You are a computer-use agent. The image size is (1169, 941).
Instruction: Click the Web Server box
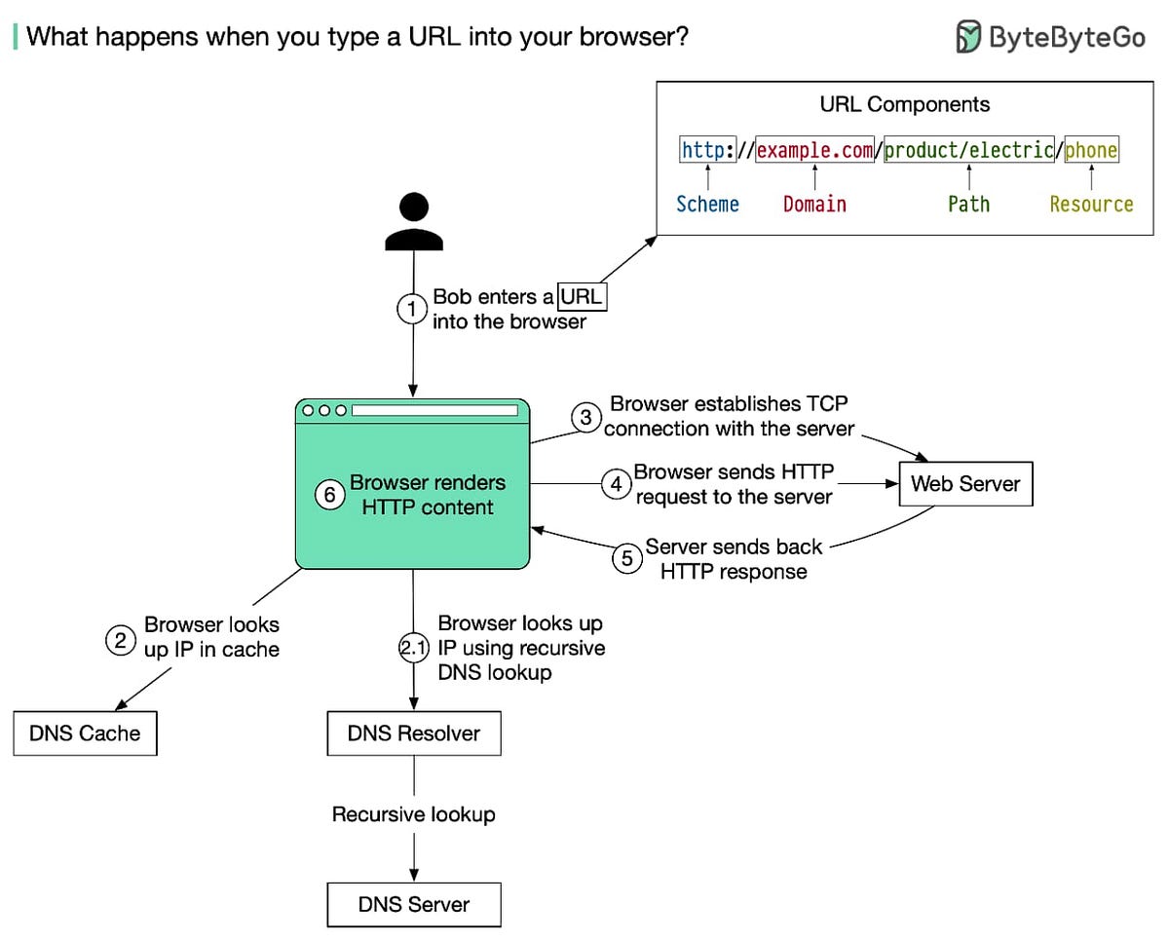tap(964, 483)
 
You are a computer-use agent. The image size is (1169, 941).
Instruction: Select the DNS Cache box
tap(85, 734)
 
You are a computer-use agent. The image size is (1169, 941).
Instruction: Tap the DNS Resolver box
tap(414, 734)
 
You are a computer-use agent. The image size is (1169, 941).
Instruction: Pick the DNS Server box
tap(414, 904)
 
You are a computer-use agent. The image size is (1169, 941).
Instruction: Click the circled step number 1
tap(412, 309)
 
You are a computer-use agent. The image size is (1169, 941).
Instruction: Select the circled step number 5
tap(627, 558)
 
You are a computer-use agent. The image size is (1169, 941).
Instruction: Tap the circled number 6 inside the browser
tap(330, 495)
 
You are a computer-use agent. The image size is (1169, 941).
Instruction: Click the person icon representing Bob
tap(414, 221)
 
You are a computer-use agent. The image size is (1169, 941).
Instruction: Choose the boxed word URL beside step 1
tap(582, 297)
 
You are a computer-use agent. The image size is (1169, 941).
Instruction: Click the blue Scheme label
tap(707, 205)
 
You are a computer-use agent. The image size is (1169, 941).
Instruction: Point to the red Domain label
tap(814, 205)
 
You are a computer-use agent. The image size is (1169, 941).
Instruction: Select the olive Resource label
tap(1091, 205)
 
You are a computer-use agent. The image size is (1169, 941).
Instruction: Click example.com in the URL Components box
tap(814, 150)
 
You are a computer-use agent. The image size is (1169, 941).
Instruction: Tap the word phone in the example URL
tap(1091, 150)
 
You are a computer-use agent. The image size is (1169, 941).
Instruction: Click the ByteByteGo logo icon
tap(968, 36)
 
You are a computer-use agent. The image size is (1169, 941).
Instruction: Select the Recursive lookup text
tap(414, 814)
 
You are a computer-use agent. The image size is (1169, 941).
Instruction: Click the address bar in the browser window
tap(434, 410)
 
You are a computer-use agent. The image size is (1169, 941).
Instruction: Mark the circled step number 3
tap(585, 418)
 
